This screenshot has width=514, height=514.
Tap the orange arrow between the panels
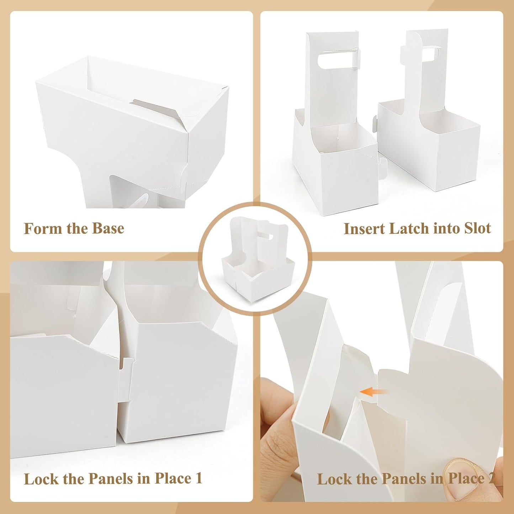pos(373,392)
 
